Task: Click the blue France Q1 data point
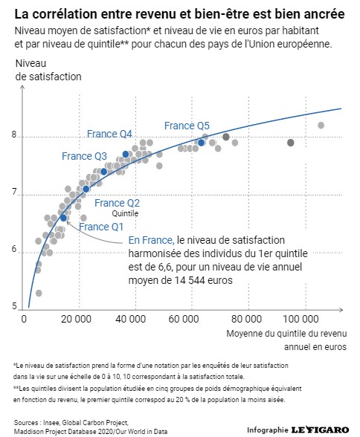tap(63, 218)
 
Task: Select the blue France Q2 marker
tap(86, 190)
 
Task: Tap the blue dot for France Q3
tap(103, 172)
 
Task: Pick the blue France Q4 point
tap(126, 154)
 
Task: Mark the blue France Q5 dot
tap(201, 143)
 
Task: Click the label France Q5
tap(187, 126)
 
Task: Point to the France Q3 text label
tap(84, 156)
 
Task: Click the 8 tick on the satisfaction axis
tap(14, 135)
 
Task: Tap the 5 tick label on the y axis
tap(14, 306)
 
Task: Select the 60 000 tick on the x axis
tap(184, 319)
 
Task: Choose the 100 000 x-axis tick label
tap(300, 319)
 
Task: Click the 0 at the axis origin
tap(24, 319)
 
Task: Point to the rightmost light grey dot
tap(321, 125)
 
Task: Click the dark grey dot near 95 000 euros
tap(291, 143)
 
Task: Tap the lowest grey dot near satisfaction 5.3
tap(39, 293)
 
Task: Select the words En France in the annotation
tap(152, 240)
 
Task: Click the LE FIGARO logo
tap(320, 430)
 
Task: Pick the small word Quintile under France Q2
tap(125, 213)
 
